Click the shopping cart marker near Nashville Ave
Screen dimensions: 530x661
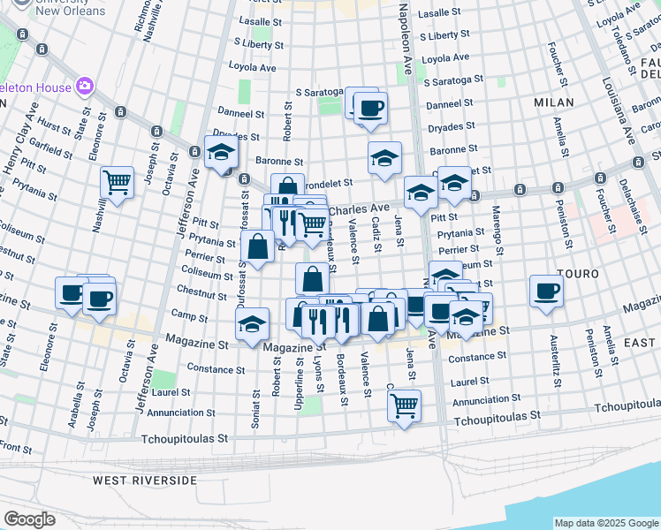pos(117,182)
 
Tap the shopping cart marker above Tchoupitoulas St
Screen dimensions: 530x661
pos(404,405)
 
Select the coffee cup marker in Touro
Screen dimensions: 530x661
pos(546,291)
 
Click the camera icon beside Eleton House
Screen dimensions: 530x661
pos(86,87)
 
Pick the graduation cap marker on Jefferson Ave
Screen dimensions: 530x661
pos(220,152)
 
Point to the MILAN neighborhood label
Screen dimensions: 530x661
pos(554,102)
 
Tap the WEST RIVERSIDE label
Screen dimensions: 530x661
pos(145,481)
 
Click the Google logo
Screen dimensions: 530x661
pos(29,519)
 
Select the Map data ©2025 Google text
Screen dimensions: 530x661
pos(605,523)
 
